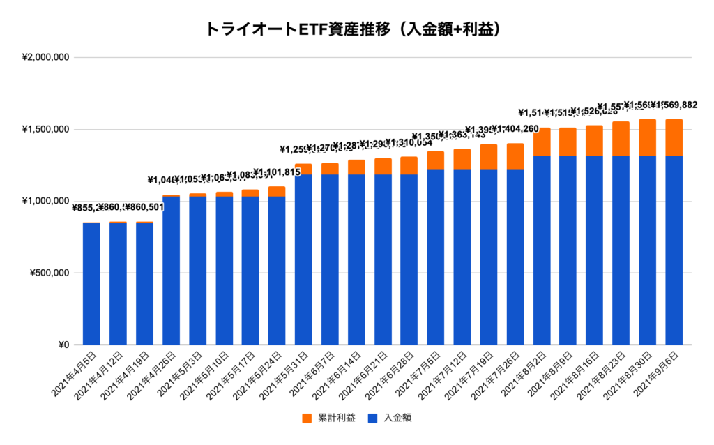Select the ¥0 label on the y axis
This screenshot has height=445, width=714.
63,345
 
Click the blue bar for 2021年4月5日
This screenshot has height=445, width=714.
91,283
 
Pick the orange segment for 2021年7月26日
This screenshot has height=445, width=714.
515,157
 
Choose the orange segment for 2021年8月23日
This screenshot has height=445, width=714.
621,139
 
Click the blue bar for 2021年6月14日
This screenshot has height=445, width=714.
356,259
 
